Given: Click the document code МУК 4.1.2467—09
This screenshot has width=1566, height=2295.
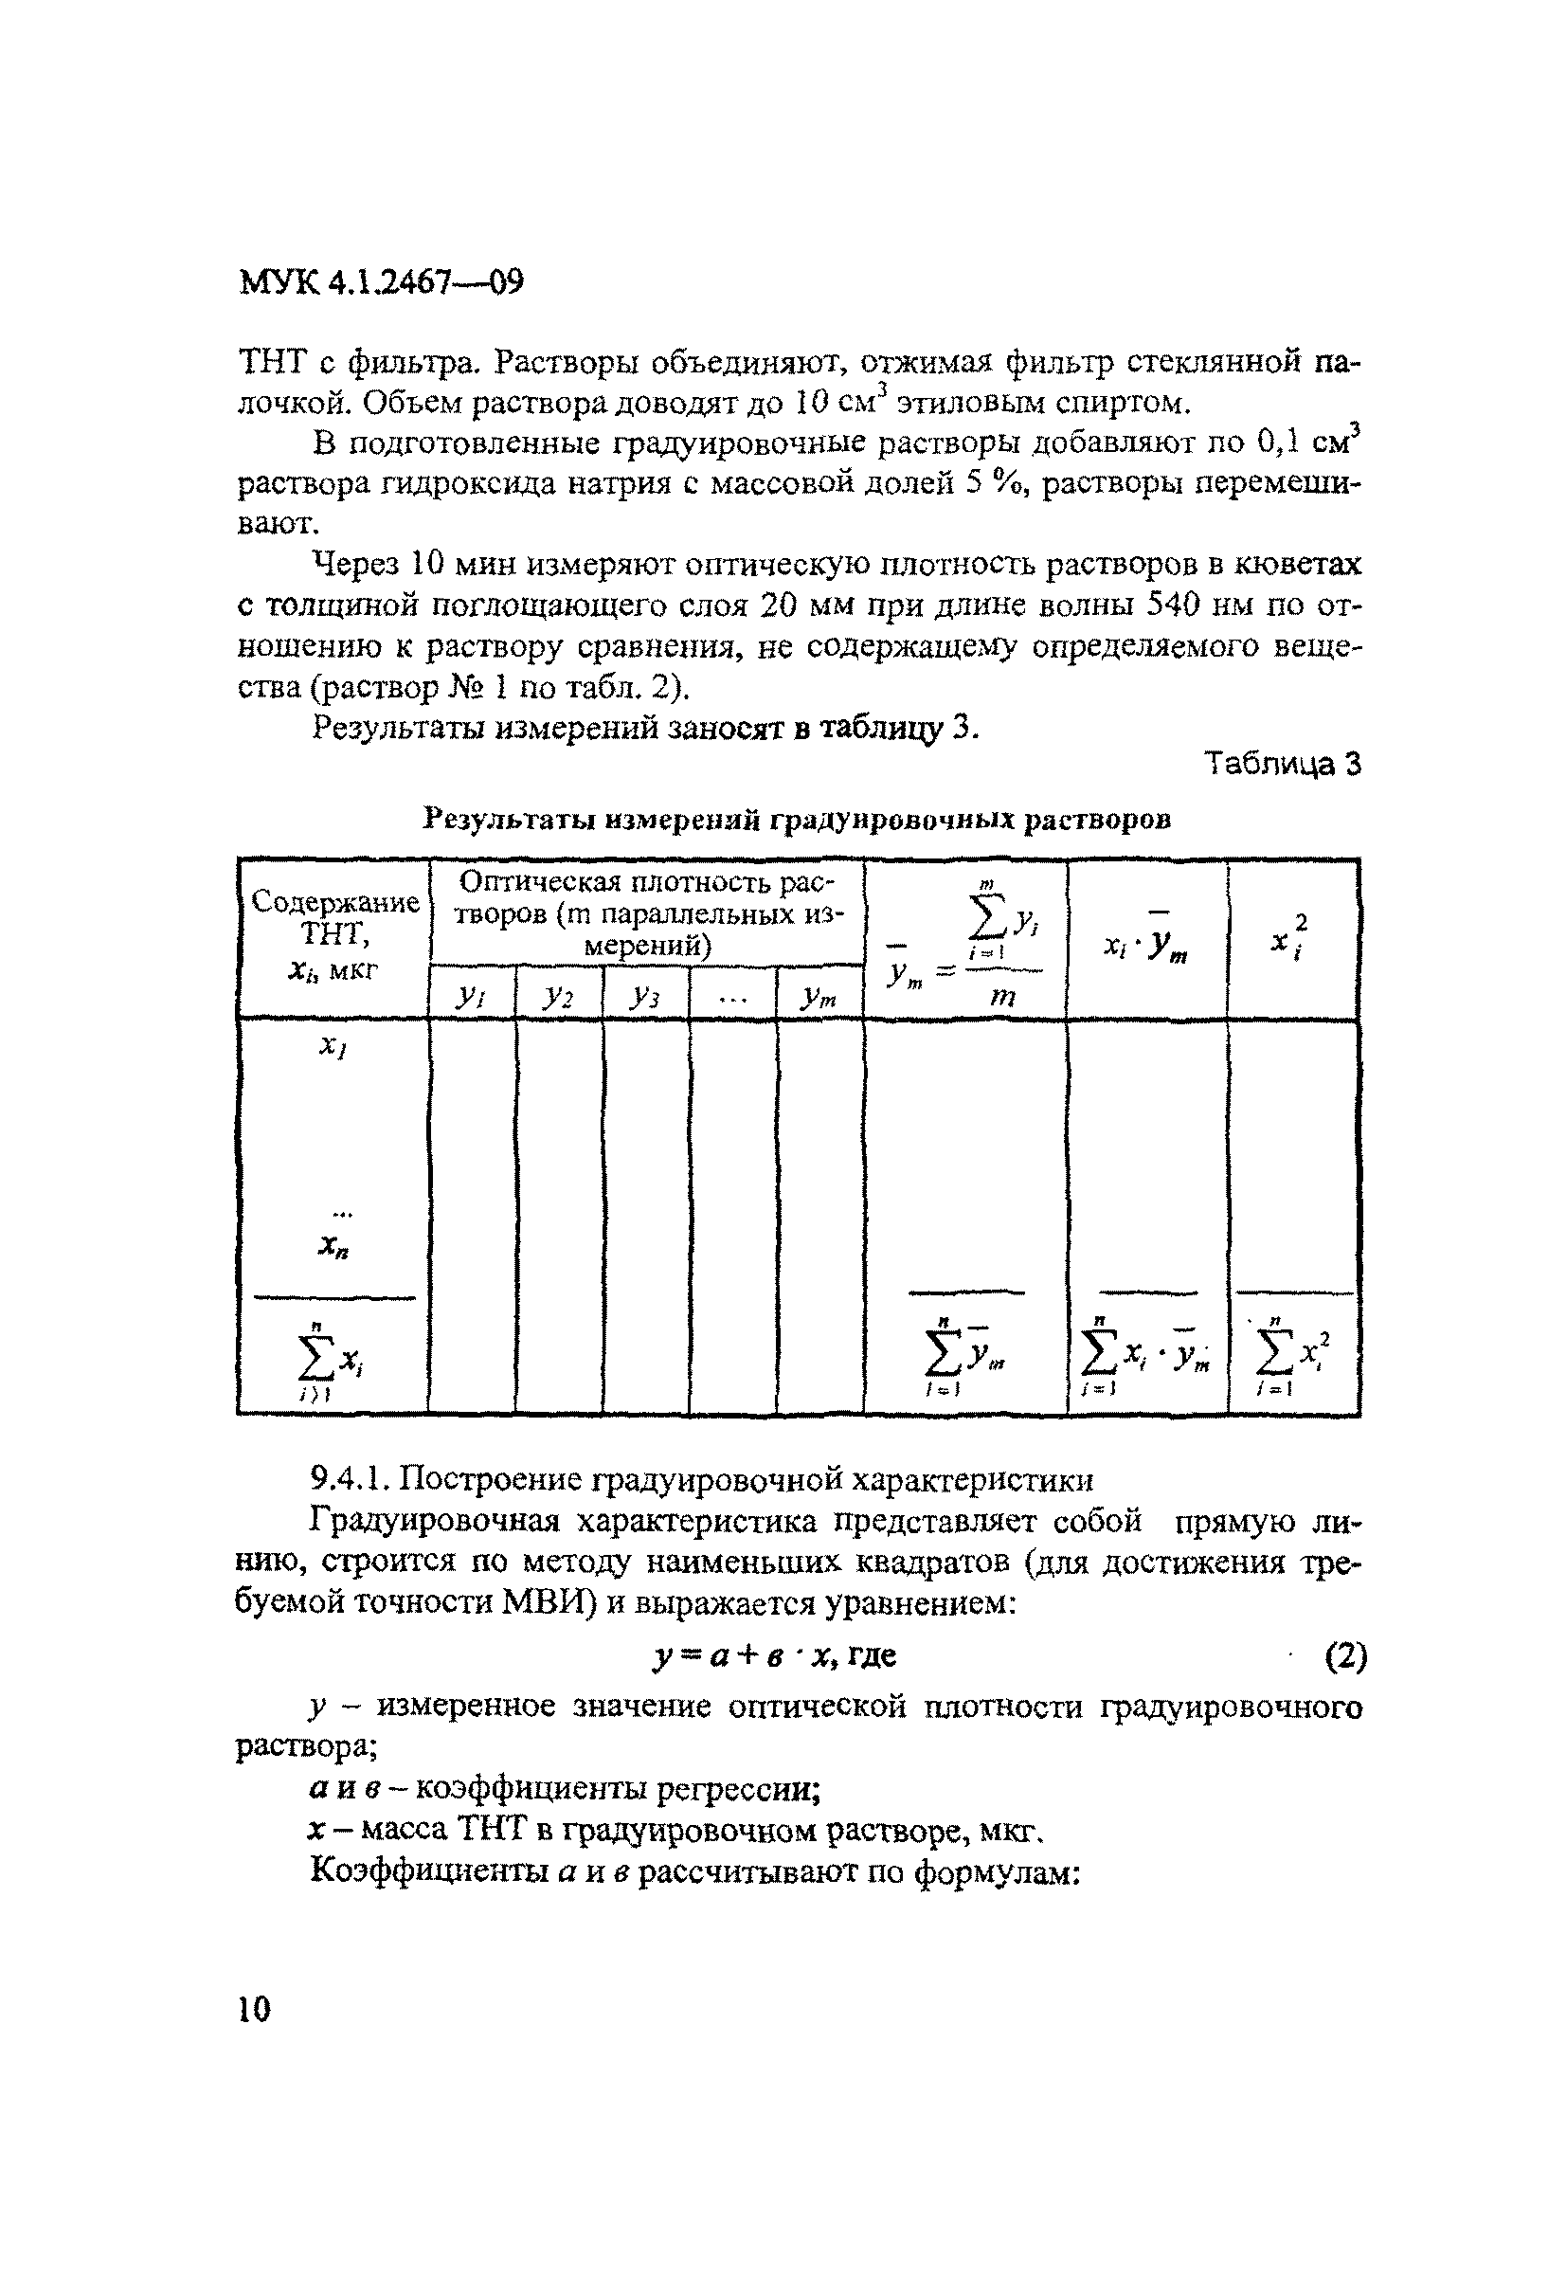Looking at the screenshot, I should point(381,283).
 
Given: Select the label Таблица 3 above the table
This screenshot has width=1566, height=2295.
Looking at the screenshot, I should point(1283,765).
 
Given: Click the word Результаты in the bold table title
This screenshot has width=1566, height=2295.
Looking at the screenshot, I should point(508,819).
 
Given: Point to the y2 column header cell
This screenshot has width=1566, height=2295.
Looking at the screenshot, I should point(558,999).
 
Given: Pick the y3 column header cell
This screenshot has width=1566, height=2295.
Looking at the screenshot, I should point(645,999).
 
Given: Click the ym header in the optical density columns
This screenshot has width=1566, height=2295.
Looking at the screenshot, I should point(819,999).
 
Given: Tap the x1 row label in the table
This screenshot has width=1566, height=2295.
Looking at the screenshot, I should point(333,1047).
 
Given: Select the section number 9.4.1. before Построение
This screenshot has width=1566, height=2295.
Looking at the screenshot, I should point(352,1478).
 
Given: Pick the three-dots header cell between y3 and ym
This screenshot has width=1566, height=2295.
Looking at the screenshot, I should point(732,999).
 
